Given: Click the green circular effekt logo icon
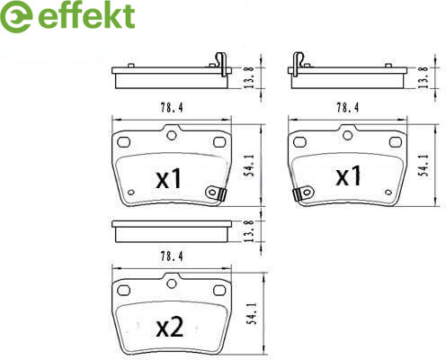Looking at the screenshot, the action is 16,16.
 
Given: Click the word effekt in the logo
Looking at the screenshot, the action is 86,15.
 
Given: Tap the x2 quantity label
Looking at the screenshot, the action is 170,327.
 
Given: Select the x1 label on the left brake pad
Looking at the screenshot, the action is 169,178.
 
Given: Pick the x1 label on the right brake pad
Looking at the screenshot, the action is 348,175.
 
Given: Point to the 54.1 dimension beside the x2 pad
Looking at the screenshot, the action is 251,313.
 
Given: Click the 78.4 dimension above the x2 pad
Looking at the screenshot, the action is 172,256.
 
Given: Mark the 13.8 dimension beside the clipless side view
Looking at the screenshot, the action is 250,231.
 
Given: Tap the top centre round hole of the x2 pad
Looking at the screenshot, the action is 172,283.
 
